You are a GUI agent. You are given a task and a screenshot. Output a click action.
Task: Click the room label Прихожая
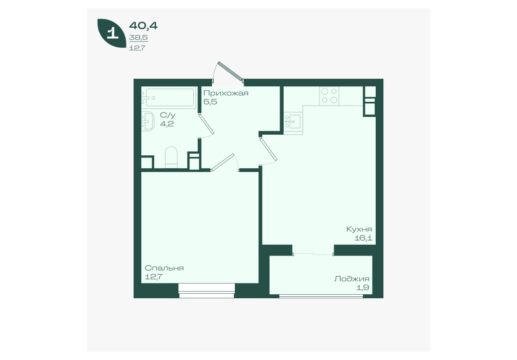[x=226, y=94]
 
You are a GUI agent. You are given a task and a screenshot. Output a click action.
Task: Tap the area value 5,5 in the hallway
[x=210, y=102]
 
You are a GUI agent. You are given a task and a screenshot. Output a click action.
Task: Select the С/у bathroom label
[x=168, y=115]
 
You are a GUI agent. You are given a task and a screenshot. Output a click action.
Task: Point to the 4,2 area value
[x=167, y=124]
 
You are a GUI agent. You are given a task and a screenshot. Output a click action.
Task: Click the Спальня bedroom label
[x=164, y=268]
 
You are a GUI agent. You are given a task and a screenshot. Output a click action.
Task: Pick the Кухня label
[x=359, y=229]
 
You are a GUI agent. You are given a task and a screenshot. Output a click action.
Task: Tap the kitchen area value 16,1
[x=363, y=238]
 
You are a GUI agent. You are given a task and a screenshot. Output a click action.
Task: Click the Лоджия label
[x=352, y=279]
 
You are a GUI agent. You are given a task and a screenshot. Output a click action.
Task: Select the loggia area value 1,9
[x=363, y=287]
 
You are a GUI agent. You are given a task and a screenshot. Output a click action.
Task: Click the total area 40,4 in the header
[x=143, y=25]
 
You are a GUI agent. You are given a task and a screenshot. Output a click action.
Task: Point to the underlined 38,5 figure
[x=138, y=38]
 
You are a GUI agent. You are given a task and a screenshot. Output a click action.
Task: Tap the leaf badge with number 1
[x=112, y=33]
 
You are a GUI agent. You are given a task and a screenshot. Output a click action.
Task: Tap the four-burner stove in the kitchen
[x=329, y=96]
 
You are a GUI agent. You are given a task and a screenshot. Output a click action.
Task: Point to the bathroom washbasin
[x=147, y=121]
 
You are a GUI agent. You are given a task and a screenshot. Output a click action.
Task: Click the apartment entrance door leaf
[x=230, y=71]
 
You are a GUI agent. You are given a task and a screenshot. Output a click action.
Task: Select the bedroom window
[x=207, y=291]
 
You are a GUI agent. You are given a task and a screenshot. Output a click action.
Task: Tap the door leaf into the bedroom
[x=223, y=163]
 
